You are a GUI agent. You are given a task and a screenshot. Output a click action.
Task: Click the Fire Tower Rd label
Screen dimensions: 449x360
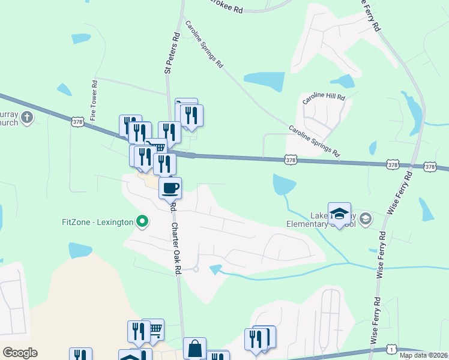(94, 100)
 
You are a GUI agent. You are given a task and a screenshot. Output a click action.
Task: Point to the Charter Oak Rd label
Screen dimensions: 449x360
(176, 249)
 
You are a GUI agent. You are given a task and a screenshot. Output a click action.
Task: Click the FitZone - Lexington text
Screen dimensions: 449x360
(97, 222)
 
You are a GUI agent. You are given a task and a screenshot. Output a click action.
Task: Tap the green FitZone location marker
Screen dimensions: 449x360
(142, 222)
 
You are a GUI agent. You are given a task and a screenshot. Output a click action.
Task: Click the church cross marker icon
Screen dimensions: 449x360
(27, 117)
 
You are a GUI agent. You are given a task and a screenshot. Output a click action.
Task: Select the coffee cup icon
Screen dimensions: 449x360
(170, 188)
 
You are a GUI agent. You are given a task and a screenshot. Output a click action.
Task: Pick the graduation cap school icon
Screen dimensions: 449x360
(339, 214)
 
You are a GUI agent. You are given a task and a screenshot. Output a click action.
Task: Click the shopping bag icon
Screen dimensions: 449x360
(194, 348)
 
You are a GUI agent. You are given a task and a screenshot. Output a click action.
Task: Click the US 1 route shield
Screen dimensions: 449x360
(391, 349)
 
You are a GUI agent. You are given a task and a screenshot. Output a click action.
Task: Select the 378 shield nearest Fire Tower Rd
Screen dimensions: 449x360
(77, 122)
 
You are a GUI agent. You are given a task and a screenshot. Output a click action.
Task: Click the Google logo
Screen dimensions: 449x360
(20, 352)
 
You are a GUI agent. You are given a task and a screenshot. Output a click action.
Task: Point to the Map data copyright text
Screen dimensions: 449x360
(424, 355)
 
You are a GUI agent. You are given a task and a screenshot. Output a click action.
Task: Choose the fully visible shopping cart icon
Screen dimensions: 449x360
(154, 329)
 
